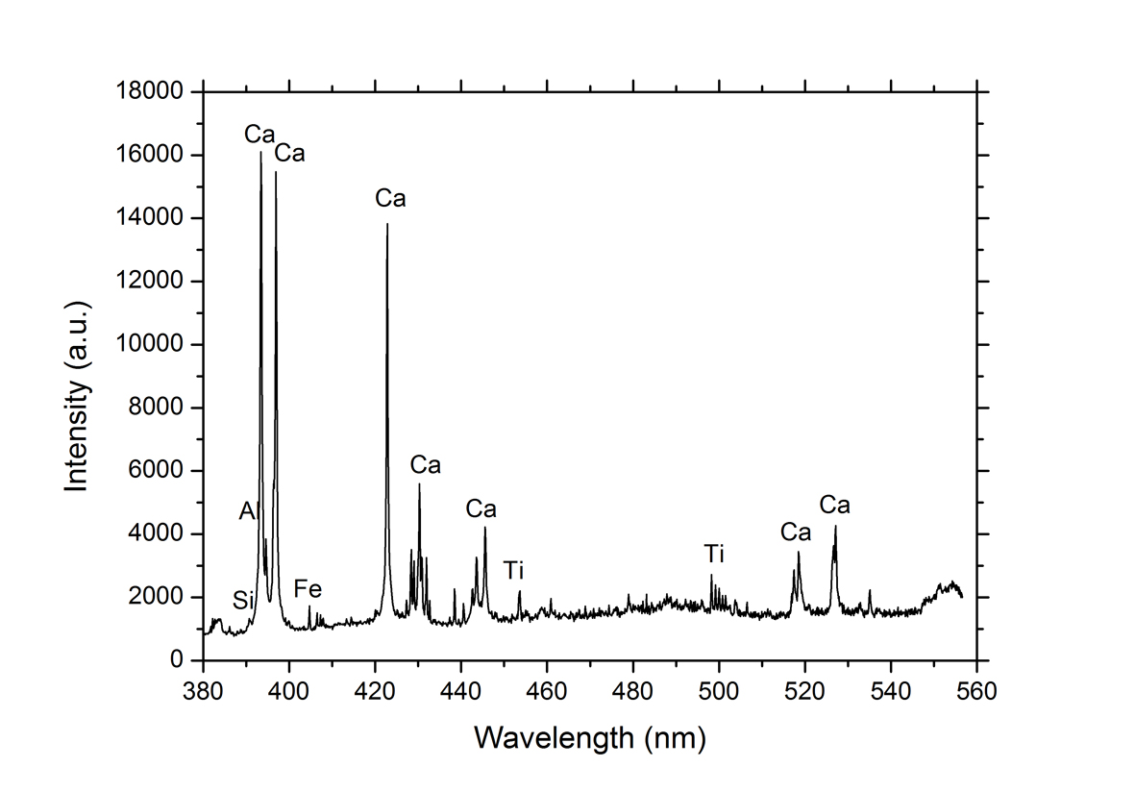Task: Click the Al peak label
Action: [249, 512]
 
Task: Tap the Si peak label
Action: [243, 603]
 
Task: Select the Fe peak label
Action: [308, 588]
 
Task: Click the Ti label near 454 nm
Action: [513, 571]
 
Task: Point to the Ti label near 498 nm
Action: [713, 554]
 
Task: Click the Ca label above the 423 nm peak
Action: [390, 199]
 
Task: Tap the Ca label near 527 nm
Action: [834, 505]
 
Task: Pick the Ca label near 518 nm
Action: [796, 532]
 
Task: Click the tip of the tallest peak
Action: [260, 153]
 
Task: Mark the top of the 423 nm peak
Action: [387, 224]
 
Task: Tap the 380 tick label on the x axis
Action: [204, 690]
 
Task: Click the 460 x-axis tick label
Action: [547, 690]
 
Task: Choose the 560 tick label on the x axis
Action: [976, 690]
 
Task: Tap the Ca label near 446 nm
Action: [481, 508]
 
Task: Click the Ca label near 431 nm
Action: [425, 465]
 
